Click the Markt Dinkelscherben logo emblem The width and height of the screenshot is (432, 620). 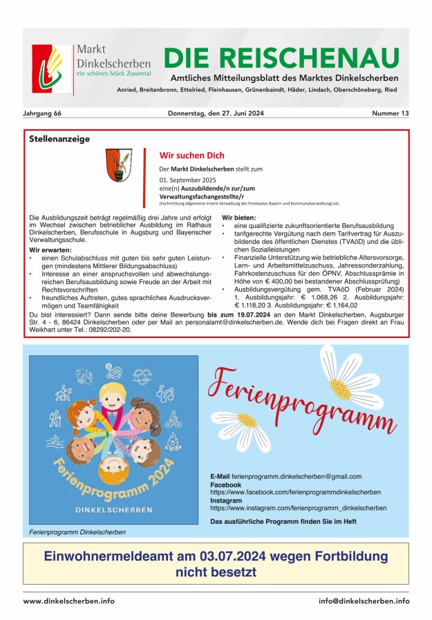tap(51, 70)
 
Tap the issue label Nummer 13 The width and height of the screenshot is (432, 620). tap(390, 113)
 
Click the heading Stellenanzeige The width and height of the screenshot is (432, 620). tap(59, 139)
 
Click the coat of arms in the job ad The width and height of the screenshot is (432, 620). tap(119, 165)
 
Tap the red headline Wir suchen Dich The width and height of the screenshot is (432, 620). tap(191, 156)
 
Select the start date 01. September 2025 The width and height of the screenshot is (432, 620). tap(187, 180)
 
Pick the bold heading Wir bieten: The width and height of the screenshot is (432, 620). tap(239, 218)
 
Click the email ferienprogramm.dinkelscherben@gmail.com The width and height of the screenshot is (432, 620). tap(297, 477)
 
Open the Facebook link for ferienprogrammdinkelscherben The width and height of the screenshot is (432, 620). tap(295, 492)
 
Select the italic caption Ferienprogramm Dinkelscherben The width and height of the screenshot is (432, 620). tap(77, 532)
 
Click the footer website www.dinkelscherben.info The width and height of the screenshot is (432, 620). tap(69, 601)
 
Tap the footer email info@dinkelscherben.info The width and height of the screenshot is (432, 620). tap(364, 601)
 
